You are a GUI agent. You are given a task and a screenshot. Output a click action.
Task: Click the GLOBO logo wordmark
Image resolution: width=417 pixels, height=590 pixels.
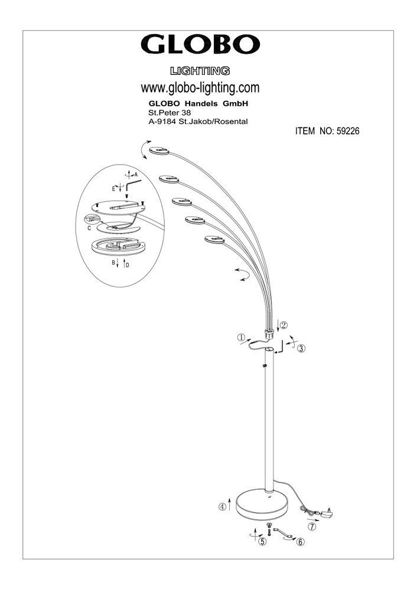pos(200,45)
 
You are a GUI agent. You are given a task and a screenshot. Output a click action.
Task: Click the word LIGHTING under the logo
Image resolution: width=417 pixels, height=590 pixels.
pos(200,71)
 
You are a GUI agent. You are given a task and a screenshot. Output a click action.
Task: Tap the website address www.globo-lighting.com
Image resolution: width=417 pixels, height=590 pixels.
pos(200,88)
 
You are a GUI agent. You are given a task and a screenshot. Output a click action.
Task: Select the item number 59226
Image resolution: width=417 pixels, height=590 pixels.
pos(347,131)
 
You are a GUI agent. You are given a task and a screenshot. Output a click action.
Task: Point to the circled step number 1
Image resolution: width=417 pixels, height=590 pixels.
pos(242,337)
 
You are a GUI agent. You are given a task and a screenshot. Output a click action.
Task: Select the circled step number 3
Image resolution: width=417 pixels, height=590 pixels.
pos(301,349)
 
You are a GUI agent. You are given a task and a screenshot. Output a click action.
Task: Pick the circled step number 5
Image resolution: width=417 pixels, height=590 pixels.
pos(262,542)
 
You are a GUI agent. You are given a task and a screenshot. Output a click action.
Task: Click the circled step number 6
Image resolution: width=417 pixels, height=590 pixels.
pos(300,542)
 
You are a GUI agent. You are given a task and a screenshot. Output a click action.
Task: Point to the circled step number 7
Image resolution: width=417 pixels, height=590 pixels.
pos(311,527)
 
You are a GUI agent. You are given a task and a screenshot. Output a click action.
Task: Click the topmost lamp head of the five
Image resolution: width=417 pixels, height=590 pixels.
pos(159,150)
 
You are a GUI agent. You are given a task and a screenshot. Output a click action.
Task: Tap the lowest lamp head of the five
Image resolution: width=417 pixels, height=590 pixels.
pos(214,240)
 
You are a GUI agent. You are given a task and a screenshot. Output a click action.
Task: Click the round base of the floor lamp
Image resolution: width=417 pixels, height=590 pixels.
pos(262,503)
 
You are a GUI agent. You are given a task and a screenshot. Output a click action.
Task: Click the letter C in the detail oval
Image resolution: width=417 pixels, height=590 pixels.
pos(89,228)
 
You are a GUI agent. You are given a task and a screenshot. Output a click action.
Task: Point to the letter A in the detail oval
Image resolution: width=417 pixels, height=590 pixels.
pos(136,175)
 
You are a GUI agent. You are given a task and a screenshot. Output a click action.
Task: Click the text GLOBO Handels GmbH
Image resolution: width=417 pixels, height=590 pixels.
pos(198,103)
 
